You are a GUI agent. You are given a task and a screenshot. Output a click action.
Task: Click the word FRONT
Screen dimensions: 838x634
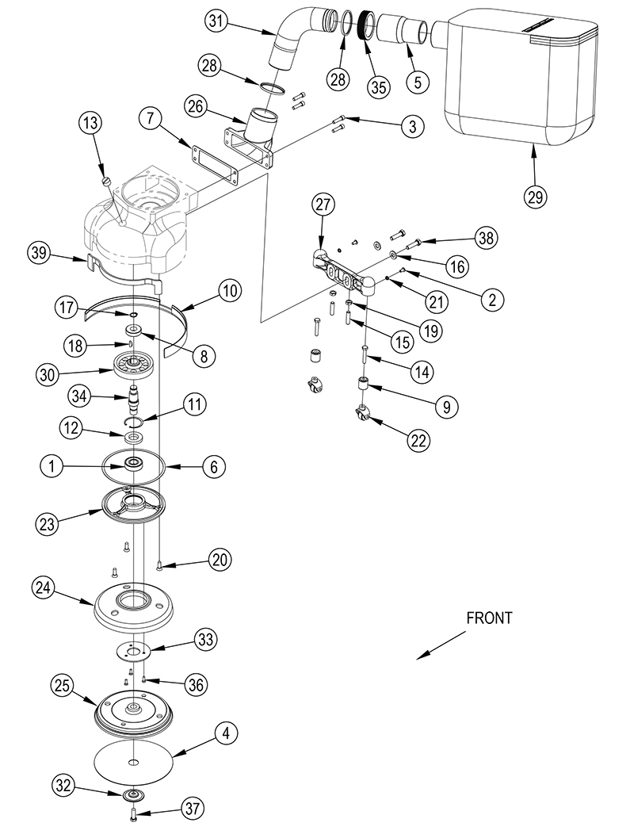click(489, 618)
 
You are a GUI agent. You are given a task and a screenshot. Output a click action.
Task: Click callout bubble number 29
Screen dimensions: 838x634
click(536, 195)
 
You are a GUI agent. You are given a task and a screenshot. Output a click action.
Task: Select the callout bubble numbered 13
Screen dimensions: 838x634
click(90, 124)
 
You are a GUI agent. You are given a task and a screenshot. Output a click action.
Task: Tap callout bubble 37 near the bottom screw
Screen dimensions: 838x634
click(192, 809)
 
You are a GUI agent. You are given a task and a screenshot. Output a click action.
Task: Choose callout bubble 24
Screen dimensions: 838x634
click(44, 587)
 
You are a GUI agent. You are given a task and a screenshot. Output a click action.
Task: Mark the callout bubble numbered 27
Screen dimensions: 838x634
click(323, 205)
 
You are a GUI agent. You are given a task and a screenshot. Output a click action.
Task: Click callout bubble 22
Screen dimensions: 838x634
click(421, 440)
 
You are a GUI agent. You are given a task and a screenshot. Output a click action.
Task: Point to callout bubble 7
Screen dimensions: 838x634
click(150, 119)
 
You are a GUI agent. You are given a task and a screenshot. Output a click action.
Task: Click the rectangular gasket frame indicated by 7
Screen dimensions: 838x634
click(213, 163)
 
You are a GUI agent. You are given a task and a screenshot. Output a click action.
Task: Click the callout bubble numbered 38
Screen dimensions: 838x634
click(486, 237)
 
